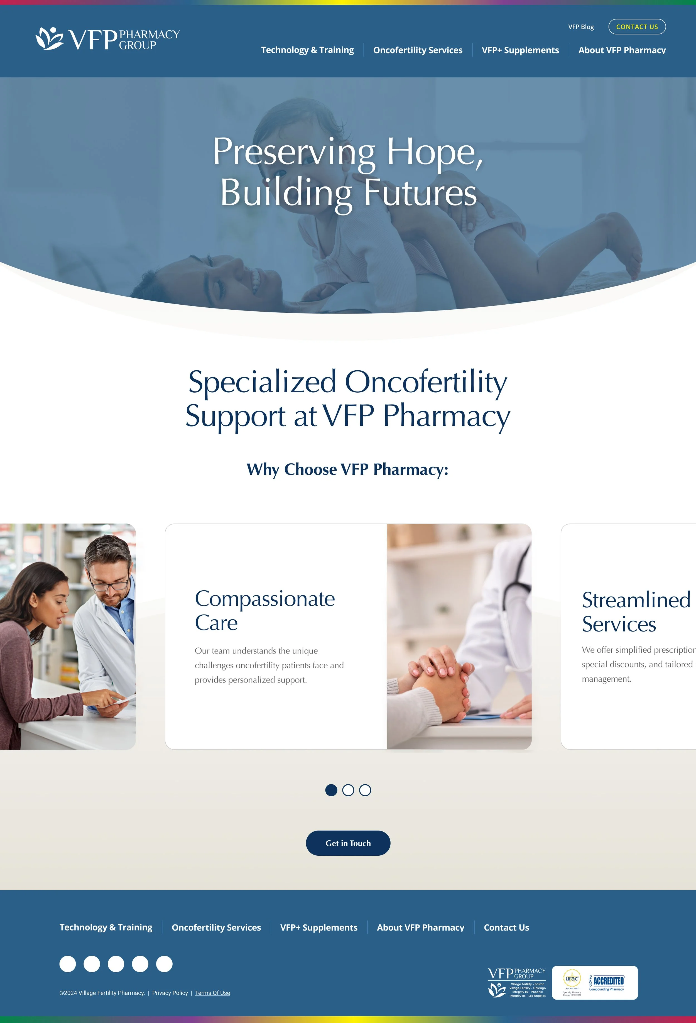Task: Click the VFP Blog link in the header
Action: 581,27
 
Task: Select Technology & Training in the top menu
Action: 307,50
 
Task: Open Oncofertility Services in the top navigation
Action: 417,50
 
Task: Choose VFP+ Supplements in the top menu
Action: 520,50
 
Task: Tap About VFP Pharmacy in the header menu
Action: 622,50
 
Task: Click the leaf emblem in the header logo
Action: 49,38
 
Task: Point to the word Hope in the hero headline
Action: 435,152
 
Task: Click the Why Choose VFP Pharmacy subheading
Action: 347,469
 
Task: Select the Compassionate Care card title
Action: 264,610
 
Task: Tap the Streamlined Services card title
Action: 636,611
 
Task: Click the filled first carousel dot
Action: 331,790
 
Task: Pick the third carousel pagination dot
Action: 365,790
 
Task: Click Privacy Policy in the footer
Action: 170,993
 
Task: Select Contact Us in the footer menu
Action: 506,927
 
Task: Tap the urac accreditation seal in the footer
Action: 572,979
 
